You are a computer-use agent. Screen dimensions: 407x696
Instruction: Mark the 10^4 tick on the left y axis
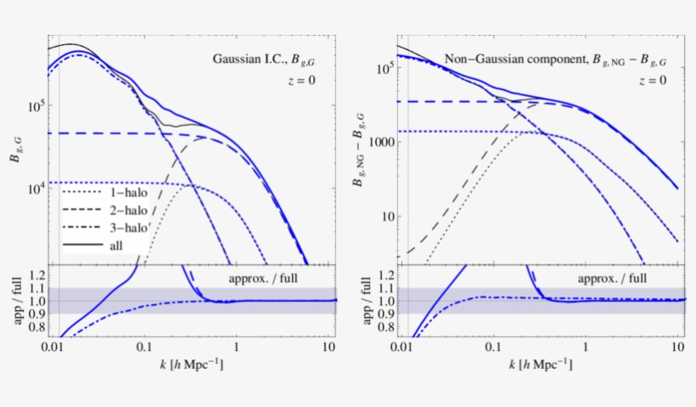pyautogui.click(x=36, y=188)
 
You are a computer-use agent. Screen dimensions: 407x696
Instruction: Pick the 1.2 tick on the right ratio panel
pyautogui.click(x=384, y=275)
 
